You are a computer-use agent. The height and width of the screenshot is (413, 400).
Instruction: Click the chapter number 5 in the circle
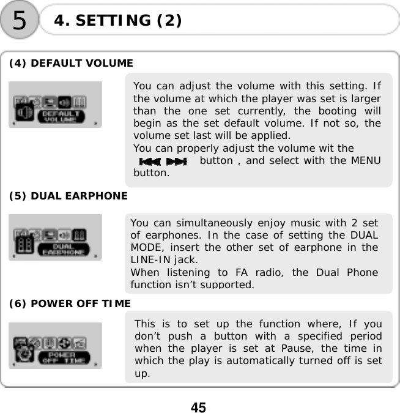click(x=20, y=20)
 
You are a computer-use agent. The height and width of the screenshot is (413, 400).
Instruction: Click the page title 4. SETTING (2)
click(x=117, y=21)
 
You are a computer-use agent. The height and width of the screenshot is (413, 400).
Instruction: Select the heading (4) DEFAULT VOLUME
click(x=71, y=63)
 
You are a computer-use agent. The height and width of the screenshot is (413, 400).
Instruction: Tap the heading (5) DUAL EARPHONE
click(x=68, y=196)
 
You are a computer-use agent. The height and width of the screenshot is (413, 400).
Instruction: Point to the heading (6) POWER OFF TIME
click(x=69, y=303)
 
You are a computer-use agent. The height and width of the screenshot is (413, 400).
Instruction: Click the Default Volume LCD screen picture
click(x=56, y=105)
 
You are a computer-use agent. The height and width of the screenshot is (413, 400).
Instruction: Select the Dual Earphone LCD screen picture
click(x=56, y=237)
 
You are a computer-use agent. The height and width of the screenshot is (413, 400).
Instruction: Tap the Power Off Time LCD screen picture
click(x=56, y=346)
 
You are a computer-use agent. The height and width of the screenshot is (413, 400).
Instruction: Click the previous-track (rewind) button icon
click(x=150, y=162)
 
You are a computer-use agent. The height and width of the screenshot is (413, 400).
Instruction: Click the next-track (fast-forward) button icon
click(x=176, y=162)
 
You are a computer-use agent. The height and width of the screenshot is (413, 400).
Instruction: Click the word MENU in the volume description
click(x=365, y=161)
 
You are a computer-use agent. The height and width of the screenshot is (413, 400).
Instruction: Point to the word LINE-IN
click(x=149, y=259)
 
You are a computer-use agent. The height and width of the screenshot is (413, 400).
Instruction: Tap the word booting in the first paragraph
click(x=334, y=111)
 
